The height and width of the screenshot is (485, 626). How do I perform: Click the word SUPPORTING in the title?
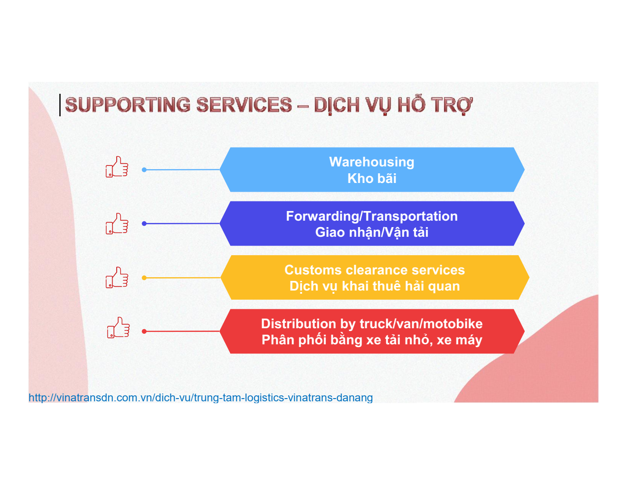[x=128, y=104]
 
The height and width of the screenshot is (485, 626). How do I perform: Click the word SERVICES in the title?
[x=245, y=104]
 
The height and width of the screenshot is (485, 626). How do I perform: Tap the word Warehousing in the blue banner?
[x=372, y=162]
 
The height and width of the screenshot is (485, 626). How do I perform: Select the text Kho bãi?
[x=372, y=178]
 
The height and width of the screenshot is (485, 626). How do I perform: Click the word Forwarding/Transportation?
[x=372, y=216]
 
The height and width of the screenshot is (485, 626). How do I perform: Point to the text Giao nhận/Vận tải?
[x=372, y=232]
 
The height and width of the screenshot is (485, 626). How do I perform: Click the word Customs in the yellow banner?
[x=313, y=270]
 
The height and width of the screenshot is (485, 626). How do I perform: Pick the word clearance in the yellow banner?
[x=376, y=270]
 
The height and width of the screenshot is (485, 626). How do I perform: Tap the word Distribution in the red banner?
[x=298, y=324]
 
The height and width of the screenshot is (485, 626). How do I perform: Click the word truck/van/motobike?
[x=421, y=324]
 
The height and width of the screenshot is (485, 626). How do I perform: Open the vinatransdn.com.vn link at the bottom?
[x=200, y=398]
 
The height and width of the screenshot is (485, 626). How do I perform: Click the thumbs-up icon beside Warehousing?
[x=117, y=167]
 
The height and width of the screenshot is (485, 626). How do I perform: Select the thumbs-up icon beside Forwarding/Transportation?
[x=117, y=223]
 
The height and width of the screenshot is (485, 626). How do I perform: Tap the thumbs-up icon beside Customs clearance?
[x=117, y=277]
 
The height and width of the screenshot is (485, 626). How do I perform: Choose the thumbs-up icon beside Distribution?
[x=119, y=327]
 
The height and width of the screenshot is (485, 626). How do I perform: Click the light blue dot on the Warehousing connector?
[x=144, y=170]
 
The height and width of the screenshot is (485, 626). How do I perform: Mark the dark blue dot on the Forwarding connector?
[x=144, y=223]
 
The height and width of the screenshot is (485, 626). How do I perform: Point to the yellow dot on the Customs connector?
[x=144, y=278]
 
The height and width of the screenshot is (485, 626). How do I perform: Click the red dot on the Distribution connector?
[x=144, y=331]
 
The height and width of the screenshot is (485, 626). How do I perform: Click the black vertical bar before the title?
[x=60, y=105]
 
